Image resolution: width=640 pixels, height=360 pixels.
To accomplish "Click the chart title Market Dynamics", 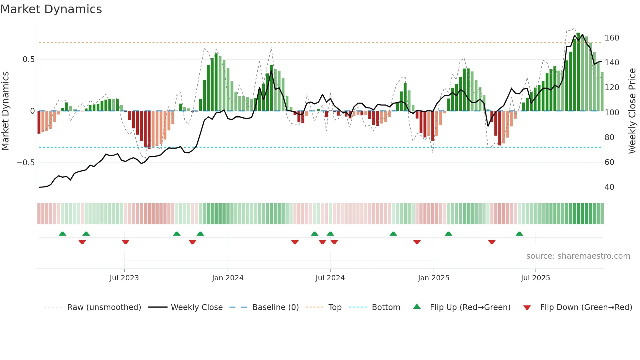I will [x=51, y=9].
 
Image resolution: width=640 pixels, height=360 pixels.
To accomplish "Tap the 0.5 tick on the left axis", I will [x=28, y=59].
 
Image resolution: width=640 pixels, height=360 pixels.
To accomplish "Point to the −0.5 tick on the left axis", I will [x=26, y=163].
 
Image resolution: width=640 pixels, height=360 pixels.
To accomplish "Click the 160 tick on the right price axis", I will [x=612, y=38].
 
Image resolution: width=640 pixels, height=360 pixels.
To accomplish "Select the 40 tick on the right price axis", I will [x=609, y=187].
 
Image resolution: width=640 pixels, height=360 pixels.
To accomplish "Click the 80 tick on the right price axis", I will [x=609, y=138].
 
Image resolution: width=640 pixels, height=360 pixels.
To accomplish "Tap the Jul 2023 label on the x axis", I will [x=124, y=278].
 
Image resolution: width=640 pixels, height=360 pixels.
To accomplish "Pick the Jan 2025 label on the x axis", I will [x=434, y=278].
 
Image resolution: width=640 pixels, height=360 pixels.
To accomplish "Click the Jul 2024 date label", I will [x=330, y=278].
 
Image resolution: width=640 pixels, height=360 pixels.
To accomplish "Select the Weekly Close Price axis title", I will [x=632, y=111].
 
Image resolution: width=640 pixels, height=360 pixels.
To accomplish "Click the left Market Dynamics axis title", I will [x=5, y=111].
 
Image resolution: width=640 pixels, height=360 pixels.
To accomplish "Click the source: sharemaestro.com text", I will [x=578, y=256].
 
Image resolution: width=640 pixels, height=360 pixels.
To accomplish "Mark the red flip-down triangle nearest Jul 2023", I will [x=125, y=242].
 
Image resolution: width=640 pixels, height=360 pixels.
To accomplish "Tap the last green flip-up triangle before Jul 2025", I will [x=519, y=234].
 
